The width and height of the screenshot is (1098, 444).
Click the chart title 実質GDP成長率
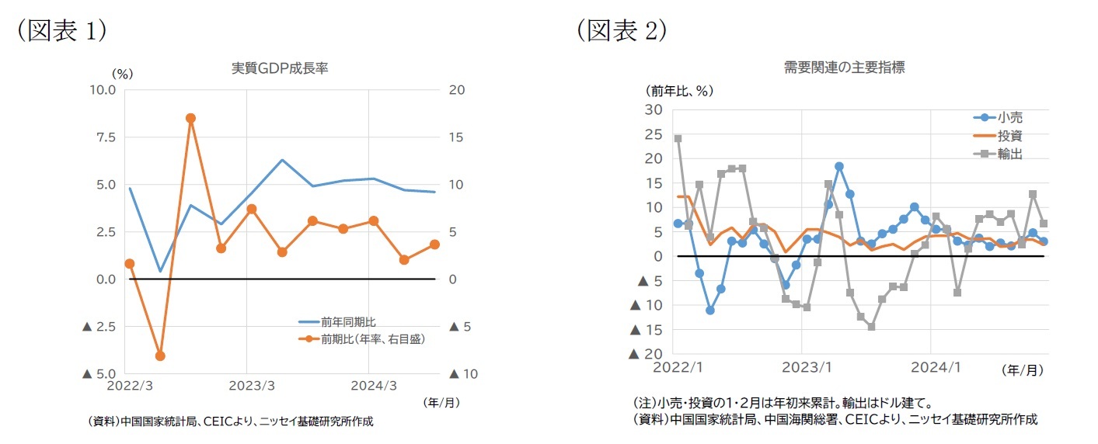pyautogui.click(x=281, y=68)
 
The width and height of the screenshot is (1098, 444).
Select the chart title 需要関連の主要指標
pyautogui.click(x=844, y=68)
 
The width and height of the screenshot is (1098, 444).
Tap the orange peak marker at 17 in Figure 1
pyautogui.click(x=190, y=119)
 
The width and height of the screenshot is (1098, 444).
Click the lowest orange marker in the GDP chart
pyautogui.click(x=160, y=356)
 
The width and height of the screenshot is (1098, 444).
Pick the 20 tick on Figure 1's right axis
pyautogui.click(x=457, y=90)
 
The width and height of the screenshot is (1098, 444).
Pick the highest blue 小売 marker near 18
pyautogui.click(x=839, y=166)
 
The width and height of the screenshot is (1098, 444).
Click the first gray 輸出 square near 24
pyautogui.click(x=678, y=139)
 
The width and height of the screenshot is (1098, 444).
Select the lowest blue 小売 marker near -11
pyautogui.click(x=710, y=310)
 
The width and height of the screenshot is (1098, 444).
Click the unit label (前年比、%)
pyautogui.click(x=678, y=90)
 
